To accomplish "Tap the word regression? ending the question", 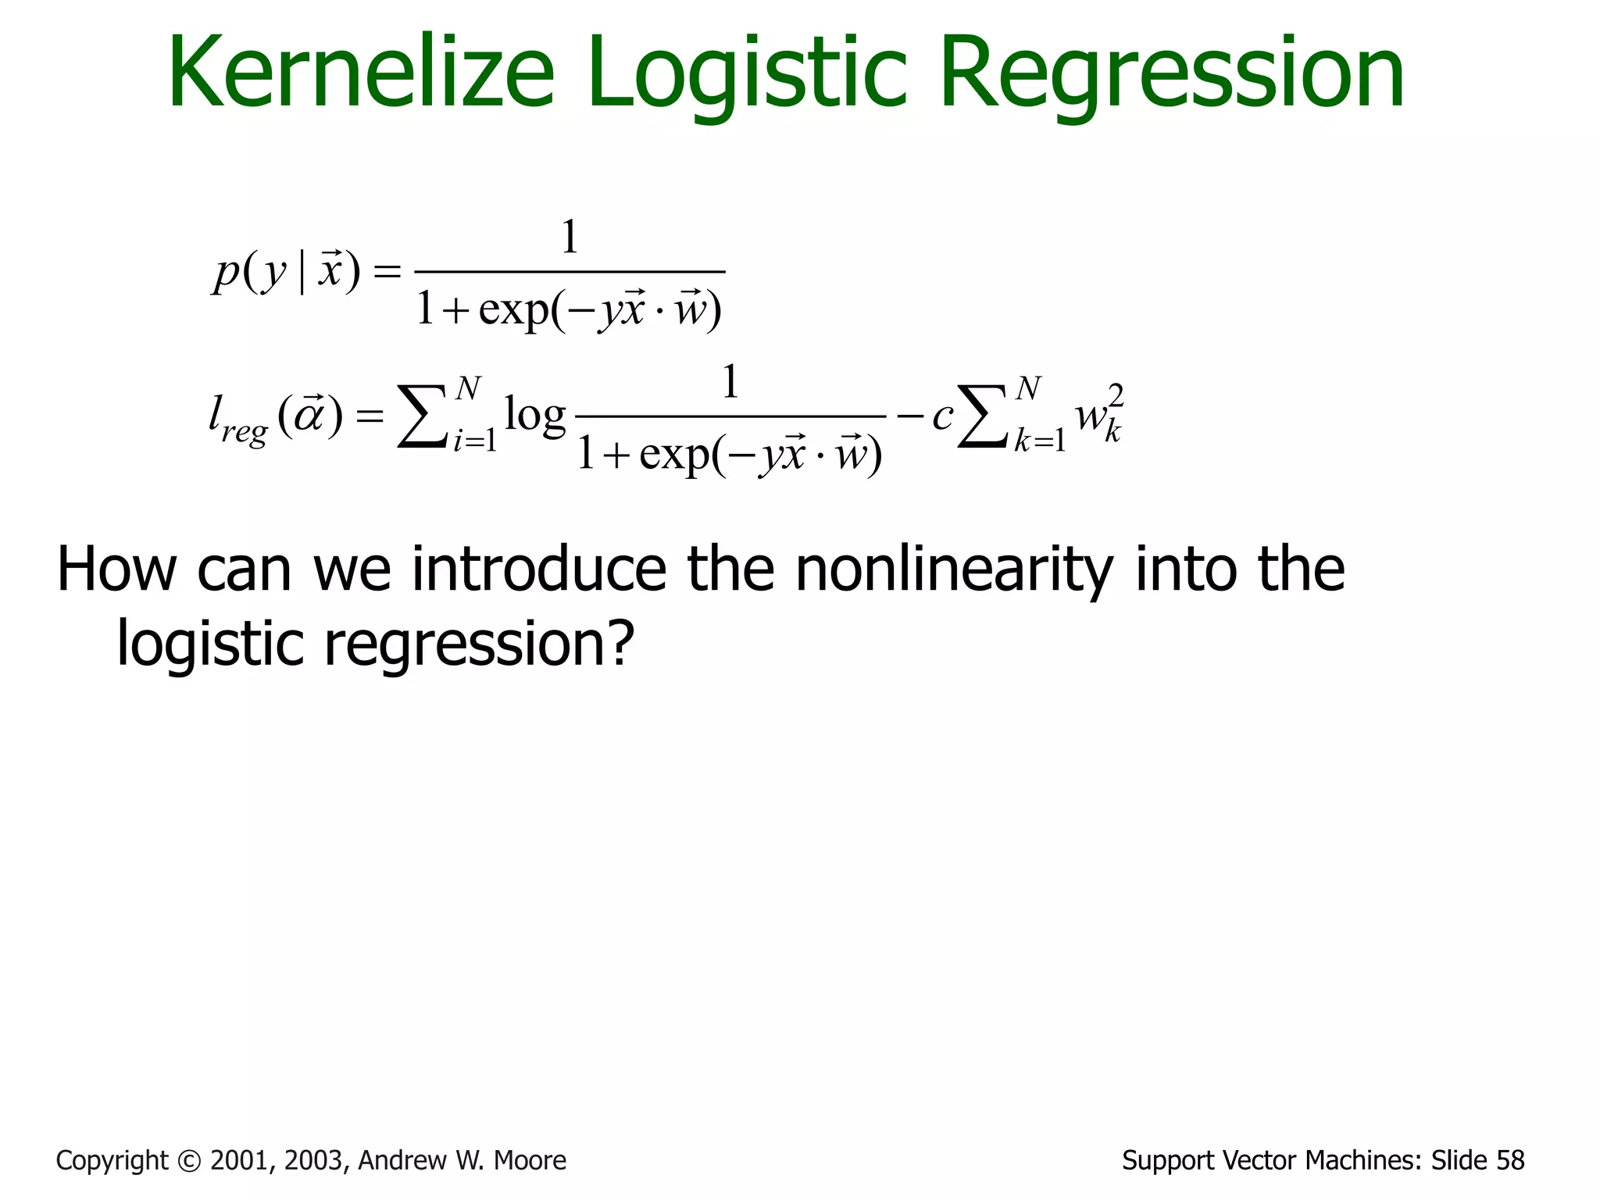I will (x=478, y=644).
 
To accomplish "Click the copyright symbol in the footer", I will (x=189, y=1161).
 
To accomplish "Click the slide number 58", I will (x=1508, y=1161).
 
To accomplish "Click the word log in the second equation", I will (x=534, y=416).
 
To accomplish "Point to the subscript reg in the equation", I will (x=244, y=431).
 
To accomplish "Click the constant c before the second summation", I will (x=942, y=416).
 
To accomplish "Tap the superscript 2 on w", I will (x=1116, y=396).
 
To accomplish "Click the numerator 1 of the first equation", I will (x=570, y=237).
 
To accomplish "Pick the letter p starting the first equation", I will (x=227, y=273).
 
